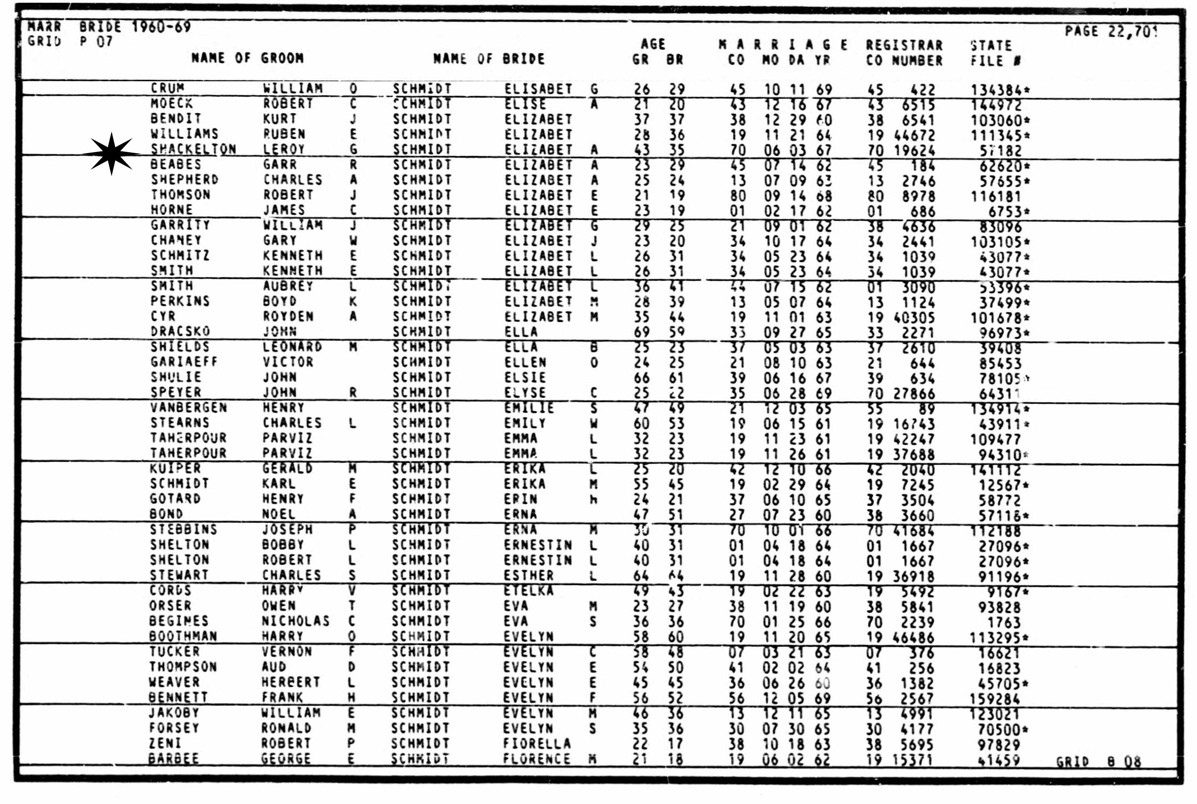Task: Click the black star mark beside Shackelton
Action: coord(111,153)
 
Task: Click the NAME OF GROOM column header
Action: coord(247,58)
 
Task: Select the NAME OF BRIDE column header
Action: coord(488,59)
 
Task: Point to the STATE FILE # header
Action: coord(994,53)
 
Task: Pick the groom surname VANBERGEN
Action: coord(188,408)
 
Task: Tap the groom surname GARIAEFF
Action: coord(184,362)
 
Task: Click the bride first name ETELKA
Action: coord(528,591)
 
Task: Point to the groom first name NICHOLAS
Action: coord(296,621)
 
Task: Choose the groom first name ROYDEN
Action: coord(288,317)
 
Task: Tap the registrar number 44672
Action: coord(914,135)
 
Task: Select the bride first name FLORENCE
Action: coord(537,759)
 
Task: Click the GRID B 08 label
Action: coord(1098,762)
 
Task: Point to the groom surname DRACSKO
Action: coord(180,331)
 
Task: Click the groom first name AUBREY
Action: coord(288,286)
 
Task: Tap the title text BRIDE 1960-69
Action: coord(135,27)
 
